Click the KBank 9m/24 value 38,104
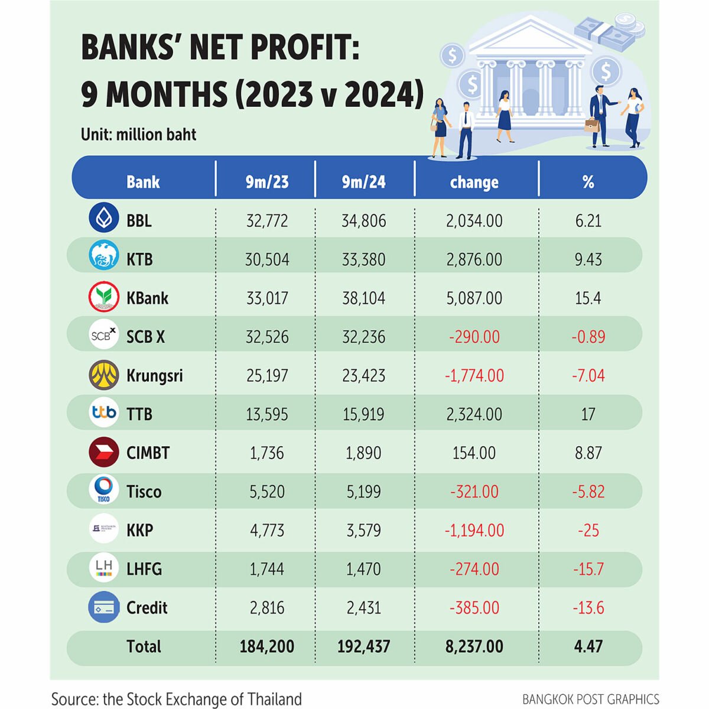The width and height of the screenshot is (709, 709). pyautogui.click(x=363, y=298)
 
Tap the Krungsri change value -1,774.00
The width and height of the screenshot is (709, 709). pyautogui.click(x=474, y=376)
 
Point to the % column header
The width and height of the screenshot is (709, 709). pyautogui.click(x=588, y=182)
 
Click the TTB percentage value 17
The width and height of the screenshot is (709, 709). pyautogui.click(x=588, y=414)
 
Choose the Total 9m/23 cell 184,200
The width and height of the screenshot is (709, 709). pyautogui.click(x=267, y=646)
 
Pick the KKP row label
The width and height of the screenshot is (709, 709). pyautogui.click(x=140, y=530)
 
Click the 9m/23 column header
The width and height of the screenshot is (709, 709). pyautogui.click(x=267, y=182)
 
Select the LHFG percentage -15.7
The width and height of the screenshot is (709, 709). pyautogui.click(x=588, y=569)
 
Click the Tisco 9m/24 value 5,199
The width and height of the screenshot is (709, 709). pyautogui.click(x=363, y=492)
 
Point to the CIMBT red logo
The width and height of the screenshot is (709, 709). pyautogui.click(x=103, y=453)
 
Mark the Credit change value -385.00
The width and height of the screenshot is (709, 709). pyautogui.click(x=474, y=608)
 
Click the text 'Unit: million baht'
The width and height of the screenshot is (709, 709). pyautogui.click(x=138, y=135)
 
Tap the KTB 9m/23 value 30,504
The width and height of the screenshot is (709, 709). pyautogui.click(x=267, y=259)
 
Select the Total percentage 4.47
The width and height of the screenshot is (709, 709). pyautogui.click(x=588, y=646)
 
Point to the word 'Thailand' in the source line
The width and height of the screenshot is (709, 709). pyautogui.click(x=274, y=700)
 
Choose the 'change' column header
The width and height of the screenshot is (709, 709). pyautogui.click(x=474, y=182)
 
